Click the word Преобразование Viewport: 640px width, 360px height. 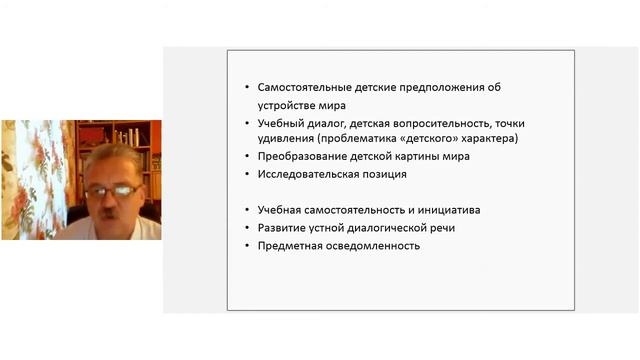click(x=299, y=157)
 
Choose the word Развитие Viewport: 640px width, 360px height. click(x=280, y=228)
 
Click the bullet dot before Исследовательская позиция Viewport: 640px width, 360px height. click(x=246, y=175)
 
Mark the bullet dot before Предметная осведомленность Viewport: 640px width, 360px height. click(x=246, y=246)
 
